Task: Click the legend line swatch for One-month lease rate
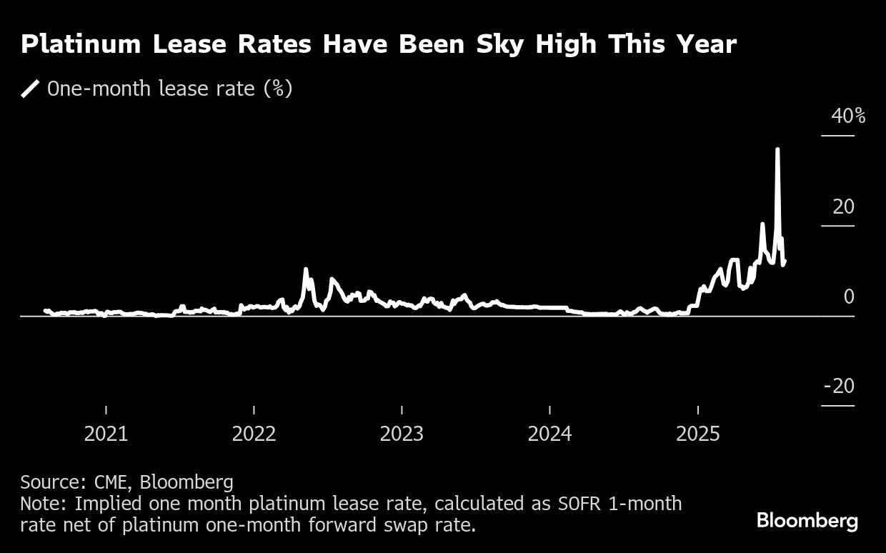click(x=31, y=89)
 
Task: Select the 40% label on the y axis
click(x=848, y=116)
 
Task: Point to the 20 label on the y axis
click(x=843, y=207)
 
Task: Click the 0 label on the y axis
click(x=849, y=297)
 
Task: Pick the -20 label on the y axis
click(x=839, y=387)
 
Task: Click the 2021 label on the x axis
click(x=106, y=434)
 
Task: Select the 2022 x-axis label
click(x=254, y=434)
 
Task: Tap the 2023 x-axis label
click(x=402, y=434)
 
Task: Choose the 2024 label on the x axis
click(x=549, y=434)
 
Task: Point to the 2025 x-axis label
click(x=697, y=434)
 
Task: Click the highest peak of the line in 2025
click(x=777, y=149)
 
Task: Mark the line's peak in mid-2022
click(x=306, y=269)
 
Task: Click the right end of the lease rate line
click(x=785, y=261)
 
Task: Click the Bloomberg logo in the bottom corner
click(x=807, y=521)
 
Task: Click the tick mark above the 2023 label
click(x=402, y=409)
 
